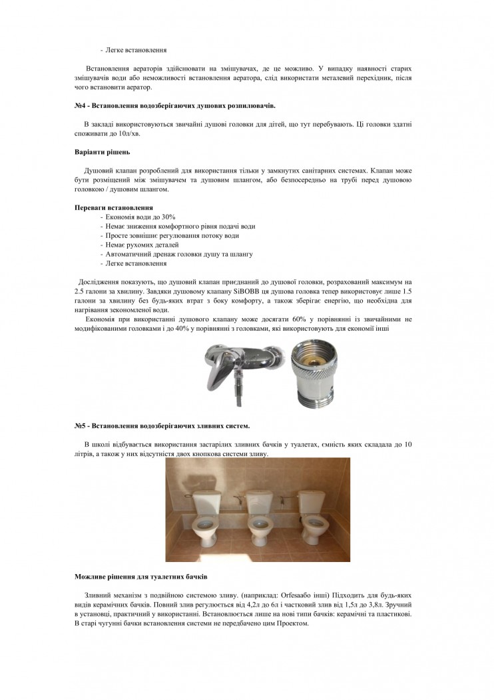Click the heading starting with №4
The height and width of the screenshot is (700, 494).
tap(174, 105)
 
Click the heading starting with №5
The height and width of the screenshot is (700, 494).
tap(162, 425)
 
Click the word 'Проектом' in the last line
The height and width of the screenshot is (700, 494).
tap(294, 623)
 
